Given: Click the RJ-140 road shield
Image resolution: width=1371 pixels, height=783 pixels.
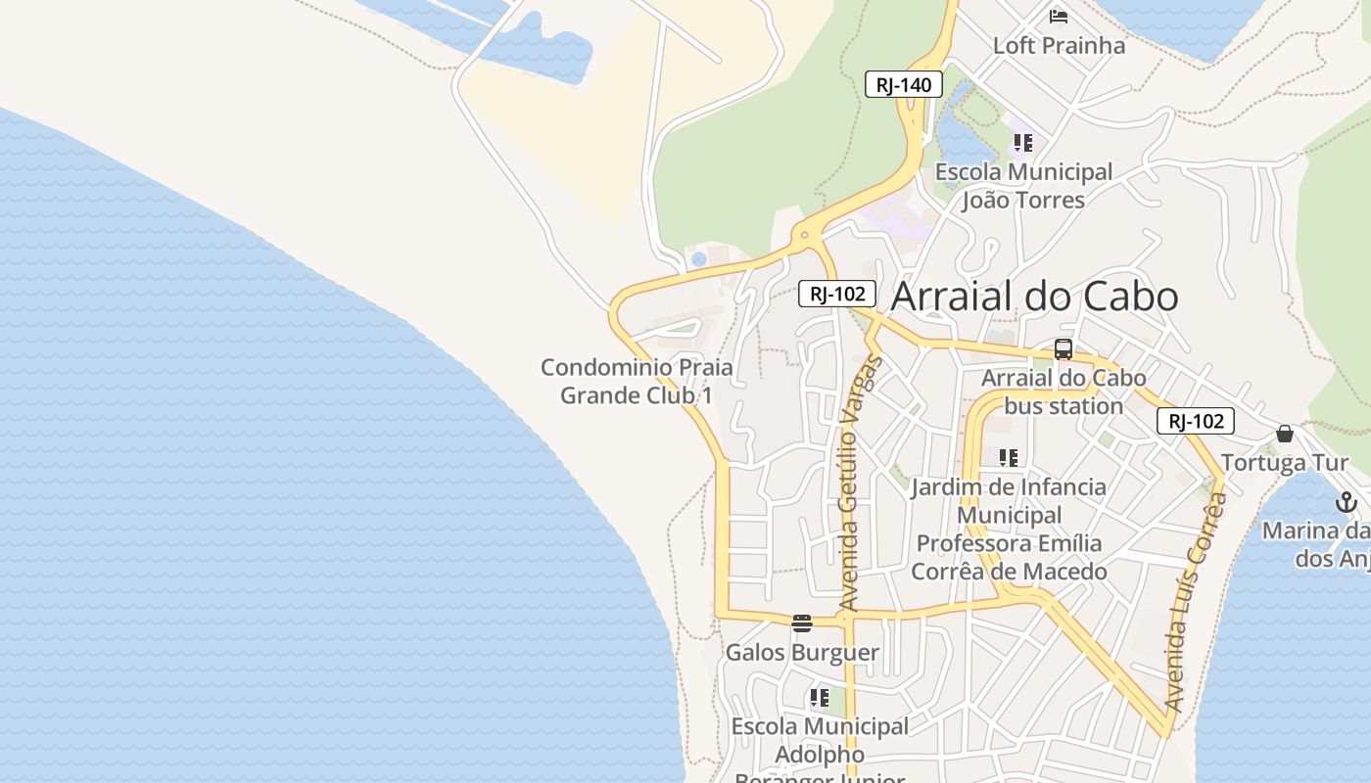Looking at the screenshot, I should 903,85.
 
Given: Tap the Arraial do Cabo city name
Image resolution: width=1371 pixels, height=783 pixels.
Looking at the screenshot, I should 1034,297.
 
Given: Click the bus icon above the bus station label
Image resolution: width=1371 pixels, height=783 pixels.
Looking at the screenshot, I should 1064,349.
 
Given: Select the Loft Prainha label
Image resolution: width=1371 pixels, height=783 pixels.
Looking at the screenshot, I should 1059,46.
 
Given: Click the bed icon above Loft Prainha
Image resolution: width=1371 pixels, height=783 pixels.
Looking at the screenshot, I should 1059,16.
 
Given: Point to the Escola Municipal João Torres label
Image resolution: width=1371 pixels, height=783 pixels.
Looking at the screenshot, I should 1023,186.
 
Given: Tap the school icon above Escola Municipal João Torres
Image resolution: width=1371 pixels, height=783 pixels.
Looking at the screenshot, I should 1023,143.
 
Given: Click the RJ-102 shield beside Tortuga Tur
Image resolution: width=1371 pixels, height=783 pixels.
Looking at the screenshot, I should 1196,422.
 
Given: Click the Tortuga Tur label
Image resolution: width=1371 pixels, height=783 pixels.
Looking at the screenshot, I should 1284,463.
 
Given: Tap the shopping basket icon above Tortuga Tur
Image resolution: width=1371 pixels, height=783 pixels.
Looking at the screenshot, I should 1285,434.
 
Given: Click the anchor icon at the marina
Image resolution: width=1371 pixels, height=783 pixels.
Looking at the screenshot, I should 1347,503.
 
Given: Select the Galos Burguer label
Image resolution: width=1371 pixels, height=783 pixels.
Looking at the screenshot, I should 802,652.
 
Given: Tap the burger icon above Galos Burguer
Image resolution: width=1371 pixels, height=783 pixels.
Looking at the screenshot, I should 802,623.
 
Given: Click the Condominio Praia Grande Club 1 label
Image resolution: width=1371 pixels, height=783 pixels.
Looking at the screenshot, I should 637,382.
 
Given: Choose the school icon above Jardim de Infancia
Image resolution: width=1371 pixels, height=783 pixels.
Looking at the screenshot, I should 1009,458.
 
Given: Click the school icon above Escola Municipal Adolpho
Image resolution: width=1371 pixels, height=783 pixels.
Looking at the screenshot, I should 820,698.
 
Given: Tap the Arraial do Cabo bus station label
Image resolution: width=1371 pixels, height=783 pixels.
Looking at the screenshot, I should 1064,391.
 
